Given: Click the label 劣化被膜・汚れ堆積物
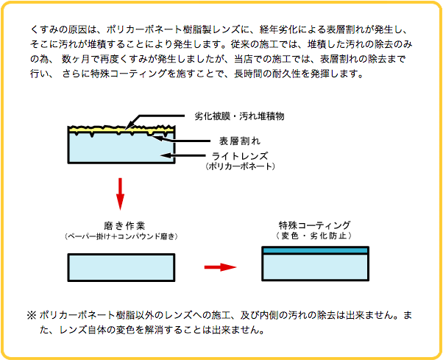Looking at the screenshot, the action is pyautogui.click(x=239, y=116).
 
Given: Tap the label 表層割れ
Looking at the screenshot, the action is pyautogui.click(x=240, y=141).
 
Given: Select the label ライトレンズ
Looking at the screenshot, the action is pyautogui.click(x=240, y=156).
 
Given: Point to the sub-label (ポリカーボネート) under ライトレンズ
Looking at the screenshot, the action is pyautogui.click(x=240, y=166).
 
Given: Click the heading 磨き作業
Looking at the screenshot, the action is pyautogui.click(x=124, y=226).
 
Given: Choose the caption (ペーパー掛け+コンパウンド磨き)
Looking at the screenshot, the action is pyautogui.click(x=121, y=236).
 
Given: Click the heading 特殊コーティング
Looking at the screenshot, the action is pyautogui.click(x=314, y=225).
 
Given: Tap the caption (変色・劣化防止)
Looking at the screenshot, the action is pyautogui.click(x=314, y=236).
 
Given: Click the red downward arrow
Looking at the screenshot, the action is pyautogui.click(x=121, y=194).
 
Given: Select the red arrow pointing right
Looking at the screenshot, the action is pyautogui.click(x=220, y=267).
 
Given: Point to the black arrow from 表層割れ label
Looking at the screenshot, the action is pyautogui.click(x=181, y=139).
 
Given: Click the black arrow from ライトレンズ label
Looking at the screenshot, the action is pyautogui.click(x=182, y=155).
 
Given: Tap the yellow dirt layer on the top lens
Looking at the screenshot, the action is pyautogui.click(x=121, y=130).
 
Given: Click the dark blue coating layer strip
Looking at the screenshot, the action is pyautogui.click(x=315, y=250).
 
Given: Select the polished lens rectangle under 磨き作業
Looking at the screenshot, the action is pyautogui.click(x=121, y=267).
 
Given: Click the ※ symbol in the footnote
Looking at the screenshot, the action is pyautogui.click(x=32, y=315).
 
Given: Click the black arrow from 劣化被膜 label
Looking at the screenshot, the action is pyautogui.click(x=155, y=122).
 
